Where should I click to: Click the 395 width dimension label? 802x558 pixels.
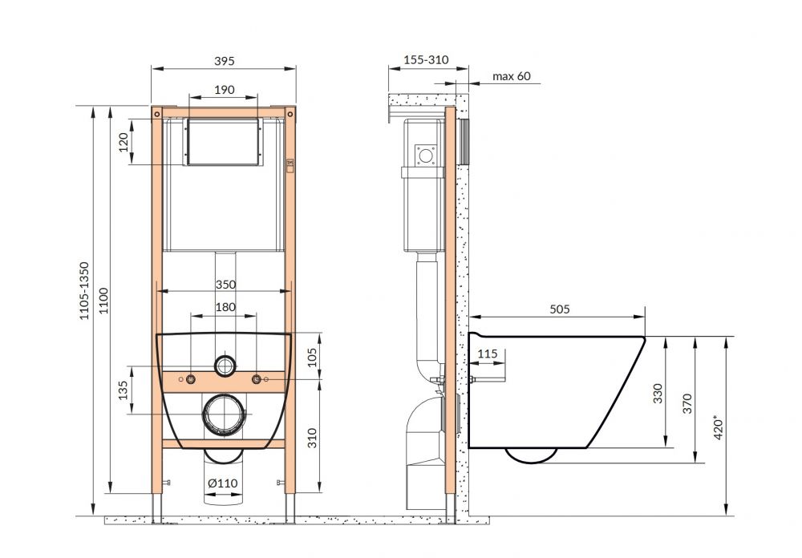(x=224, y=61)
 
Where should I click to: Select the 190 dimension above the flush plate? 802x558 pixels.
(x=224, y=90)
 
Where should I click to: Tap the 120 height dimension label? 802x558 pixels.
(x=124, y=142)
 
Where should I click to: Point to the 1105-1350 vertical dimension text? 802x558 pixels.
(x=84, y=291)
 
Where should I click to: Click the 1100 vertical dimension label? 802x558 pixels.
(x=103, y=300)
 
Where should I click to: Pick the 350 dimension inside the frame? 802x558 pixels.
(x=225, y=285)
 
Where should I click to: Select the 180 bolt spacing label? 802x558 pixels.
(x=225, y=307)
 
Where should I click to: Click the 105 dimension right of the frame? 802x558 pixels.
(x=312, y=357)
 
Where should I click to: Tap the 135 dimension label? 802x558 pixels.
(x=124, y=390)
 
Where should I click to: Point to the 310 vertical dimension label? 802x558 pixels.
(x=312, y=438)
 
